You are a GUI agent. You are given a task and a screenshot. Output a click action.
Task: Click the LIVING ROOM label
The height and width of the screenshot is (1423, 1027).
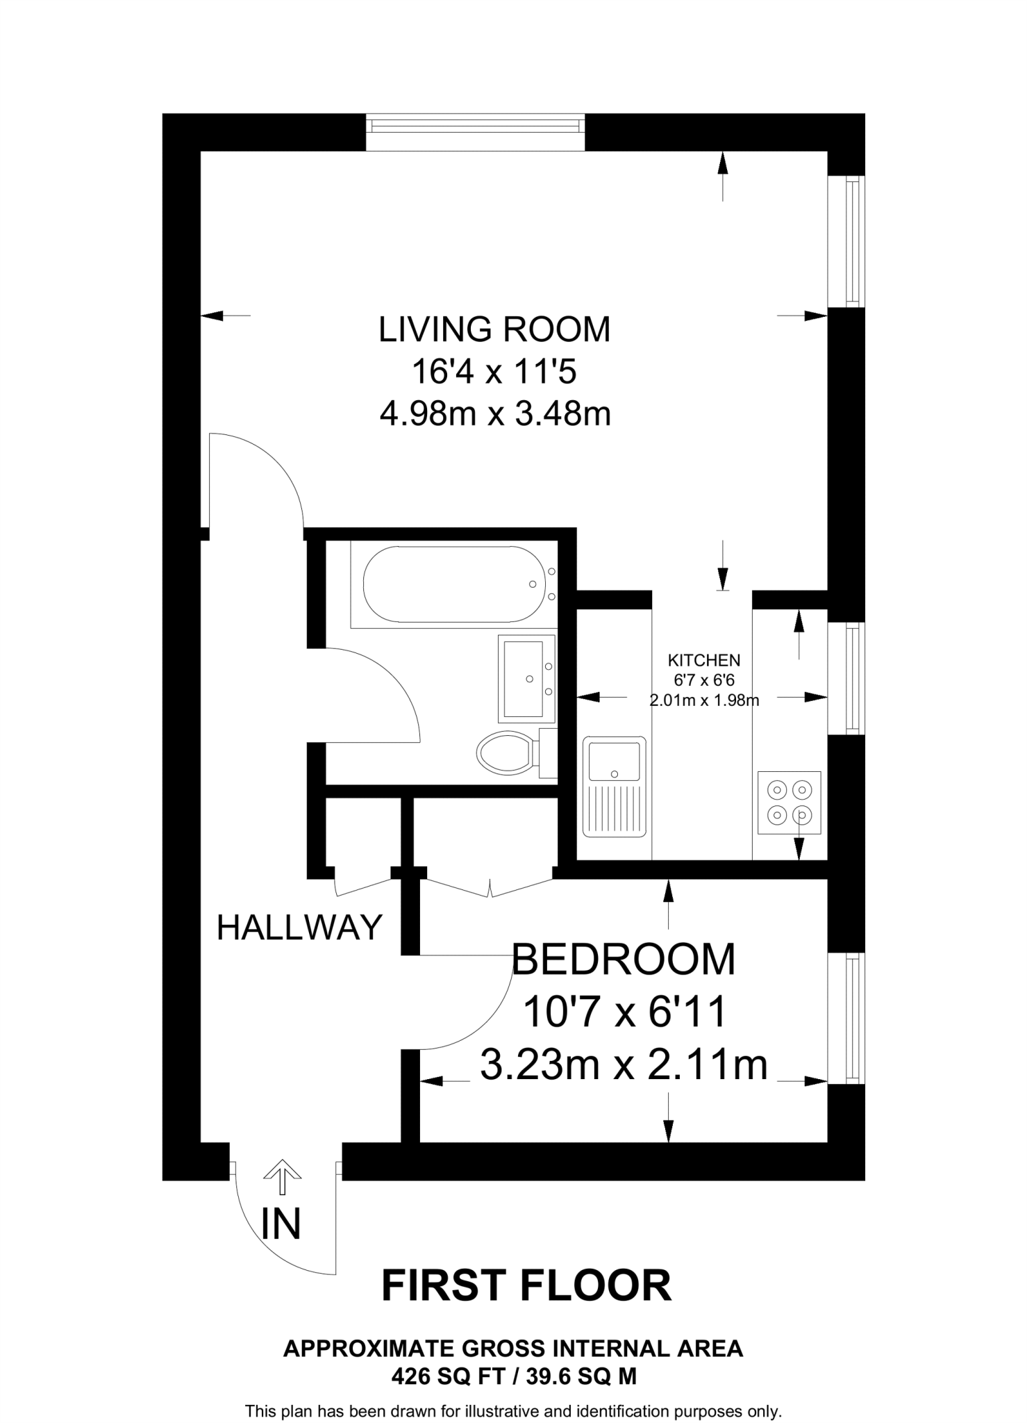pos(494,329)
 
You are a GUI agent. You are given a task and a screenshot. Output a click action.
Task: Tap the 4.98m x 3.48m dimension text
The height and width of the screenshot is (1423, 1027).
pos(494,415)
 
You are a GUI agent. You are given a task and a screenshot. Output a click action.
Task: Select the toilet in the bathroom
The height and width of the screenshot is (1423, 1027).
pos(507,753)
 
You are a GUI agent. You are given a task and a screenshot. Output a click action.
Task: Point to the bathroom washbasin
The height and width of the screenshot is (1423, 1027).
pos(526,679)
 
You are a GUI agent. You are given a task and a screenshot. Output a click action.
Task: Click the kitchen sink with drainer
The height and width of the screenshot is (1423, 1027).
pos(614,787)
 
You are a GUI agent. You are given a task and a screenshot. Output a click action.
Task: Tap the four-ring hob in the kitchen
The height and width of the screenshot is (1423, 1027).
pos(790,802)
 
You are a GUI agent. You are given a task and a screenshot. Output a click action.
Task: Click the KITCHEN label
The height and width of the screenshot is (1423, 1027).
pos(703,660)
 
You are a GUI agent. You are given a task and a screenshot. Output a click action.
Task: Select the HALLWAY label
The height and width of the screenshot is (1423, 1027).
pos(299,927)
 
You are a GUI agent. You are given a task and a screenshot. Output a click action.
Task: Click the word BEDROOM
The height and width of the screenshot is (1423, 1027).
pos(623,960)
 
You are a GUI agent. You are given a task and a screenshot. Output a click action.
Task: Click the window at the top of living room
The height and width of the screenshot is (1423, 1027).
pos(475,126)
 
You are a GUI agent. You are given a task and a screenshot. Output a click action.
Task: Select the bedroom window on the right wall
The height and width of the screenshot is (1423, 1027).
pos(853,1018)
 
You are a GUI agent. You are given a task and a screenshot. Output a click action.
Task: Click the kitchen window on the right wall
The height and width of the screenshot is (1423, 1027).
pos(853,678)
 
